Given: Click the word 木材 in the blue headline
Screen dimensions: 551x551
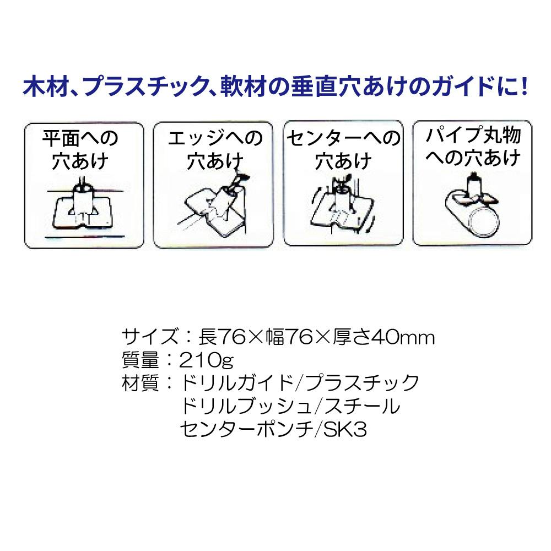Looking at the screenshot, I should click(46, 87).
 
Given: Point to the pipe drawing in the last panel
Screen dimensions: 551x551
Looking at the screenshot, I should click(477, 212).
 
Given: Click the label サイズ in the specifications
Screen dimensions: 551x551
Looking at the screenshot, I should click(144, 337).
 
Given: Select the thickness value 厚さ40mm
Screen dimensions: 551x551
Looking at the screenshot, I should click(382, 337).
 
